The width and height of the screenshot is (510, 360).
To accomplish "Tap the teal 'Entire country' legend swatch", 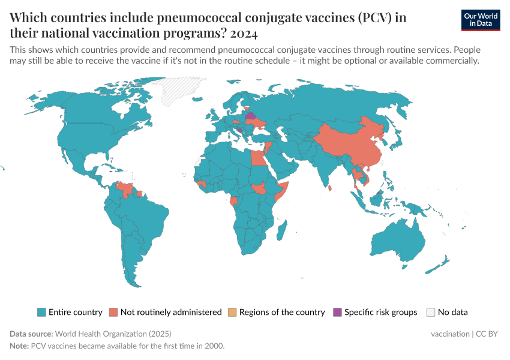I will tap(41, 312).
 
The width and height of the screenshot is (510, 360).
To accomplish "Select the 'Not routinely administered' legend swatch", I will tap(113, 312).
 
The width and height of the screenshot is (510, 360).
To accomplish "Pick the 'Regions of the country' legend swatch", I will tap(232, 312).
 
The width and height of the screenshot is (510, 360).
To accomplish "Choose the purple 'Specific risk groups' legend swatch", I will tap(337, 312).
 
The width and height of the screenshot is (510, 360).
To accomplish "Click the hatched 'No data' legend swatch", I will tap(430, 312).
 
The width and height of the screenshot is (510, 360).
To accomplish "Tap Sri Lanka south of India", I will tap(331, 188).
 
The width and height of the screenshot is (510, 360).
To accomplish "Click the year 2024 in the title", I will tap(246, 33).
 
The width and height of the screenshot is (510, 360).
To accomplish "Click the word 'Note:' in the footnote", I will tap(19, 346).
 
